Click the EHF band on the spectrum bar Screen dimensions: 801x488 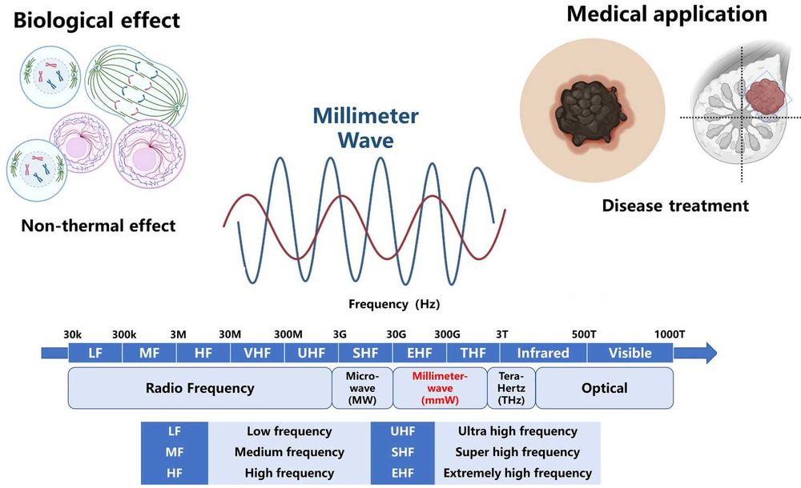pyautogui.click(x=420, y=353)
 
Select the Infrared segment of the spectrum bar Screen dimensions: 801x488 pyautogui.click(x=543, y=353)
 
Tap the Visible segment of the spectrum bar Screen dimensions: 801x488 pyautogui.click(x=630, y=353)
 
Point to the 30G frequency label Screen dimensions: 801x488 pyautogui.click(x=396, y=334)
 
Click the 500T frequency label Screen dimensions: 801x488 pyautogui.click(x=584, y=334)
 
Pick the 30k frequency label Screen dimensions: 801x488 pyautogui.click(x=73, y=334)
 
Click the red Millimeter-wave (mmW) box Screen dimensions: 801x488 pyautogui.click(x=440, y=388)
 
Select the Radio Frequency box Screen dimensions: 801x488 pyautogui.click(x=199, y=388)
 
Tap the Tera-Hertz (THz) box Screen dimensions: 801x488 pyautogui.click(x=511, y=388)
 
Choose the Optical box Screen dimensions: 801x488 pyautogui.click(x=604, y=388)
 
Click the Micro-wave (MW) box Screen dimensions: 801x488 pyautogui.click(x=362, y=388)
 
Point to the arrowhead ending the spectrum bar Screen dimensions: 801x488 pyautogui.click(x=710, y=353)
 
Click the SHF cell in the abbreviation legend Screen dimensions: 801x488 pyautogui.click(x=403, y=452)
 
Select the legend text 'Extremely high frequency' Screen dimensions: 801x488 pyautogui.click(x=517, y=473)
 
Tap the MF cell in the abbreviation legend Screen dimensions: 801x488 pyautogui.click(x=174, y=452)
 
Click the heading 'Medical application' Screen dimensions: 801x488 pyautogui.click(x=666, y=14)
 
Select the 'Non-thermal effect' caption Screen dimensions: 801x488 pyautogui.click(x=99, y=226)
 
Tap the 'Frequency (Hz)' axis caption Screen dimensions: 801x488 pyautogui.click(x=394, y=304)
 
